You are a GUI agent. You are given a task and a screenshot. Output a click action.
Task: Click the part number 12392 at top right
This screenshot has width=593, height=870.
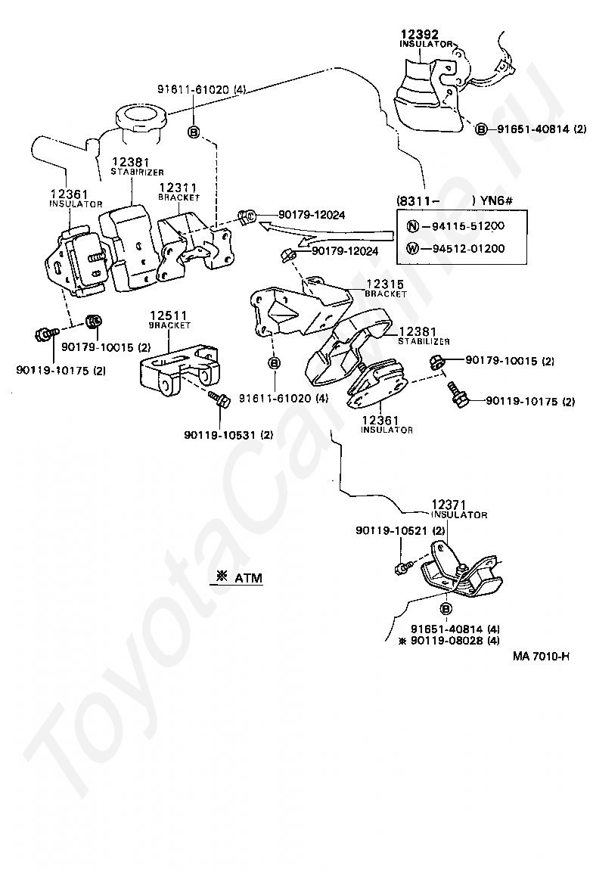click(x=419, y=34)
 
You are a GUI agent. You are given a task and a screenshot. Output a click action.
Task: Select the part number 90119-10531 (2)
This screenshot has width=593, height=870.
click(x=228, y=435)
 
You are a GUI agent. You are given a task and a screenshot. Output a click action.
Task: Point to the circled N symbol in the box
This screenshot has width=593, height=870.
click(x=413, y=226)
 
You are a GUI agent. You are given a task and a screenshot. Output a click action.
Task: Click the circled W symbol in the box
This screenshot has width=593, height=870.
click(x=413, y=248)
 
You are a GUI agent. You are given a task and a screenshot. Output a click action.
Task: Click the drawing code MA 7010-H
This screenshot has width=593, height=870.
click(x=541, y=657)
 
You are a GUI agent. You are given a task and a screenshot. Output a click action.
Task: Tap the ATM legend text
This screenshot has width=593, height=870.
click(x=247, y=577)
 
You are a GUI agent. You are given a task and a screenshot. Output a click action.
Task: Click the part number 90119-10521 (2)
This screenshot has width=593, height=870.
click(x=400, y=531)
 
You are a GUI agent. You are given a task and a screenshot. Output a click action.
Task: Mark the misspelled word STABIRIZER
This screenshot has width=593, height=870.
click(x=137, y=172)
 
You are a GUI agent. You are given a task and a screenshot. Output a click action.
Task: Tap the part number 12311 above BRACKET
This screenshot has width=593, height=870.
click(x=178, y=188)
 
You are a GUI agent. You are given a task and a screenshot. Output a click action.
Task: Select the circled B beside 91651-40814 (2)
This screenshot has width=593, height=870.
click(x=481, y=129)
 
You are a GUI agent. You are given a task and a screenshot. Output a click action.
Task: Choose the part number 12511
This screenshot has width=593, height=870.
click(x=169, y=316)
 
